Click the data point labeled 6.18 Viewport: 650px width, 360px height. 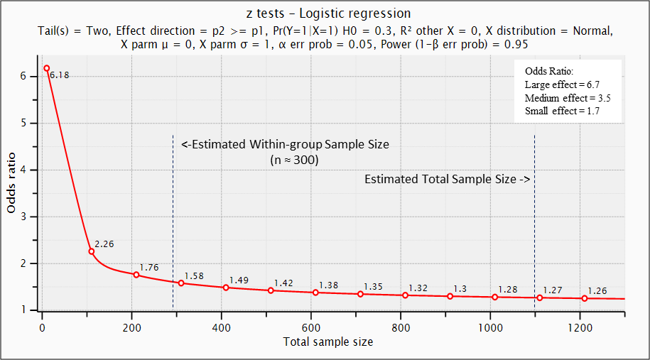(x=47, y=68)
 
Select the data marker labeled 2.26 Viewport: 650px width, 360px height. (x=92, y=251)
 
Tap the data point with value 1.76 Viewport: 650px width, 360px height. (x=136, y=275)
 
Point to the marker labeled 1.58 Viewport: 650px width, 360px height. (x=181, y=283)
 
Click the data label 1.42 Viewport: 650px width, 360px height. (x=283, y=283)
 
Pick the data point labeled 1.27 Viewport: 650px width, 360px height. (x=539, y=298)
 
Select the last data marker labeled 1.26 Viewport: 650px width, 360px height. (x=585, y=298)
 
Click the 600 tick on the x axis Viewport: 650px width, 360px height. (x=310, y=329)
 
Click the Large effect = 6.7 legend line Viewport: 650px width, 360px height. (x=567, y=84)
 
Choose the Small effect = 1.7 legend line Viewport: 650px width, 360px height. (x=567, y=111)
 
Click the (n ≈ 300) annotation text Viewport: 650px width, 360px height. (x=291, y=160)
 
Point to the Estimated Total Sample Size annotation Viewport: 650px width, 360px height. (x=448, y=180)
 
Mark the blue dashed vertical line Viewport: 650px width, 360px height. (x=534, y=213)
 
